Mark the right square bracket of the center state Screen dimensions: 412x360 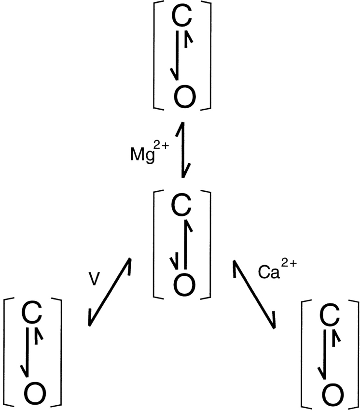tap(209, 244)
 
